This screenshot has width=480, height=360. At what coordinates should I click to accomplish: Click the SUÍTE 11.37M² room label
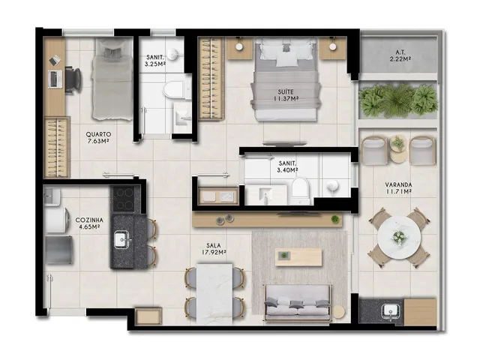click(286, 95)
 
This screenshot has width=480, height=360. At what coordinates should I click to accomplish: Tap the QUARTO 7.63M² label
click(98, 137)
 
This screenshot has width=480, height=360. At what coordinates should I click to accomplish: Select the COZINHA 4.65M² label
click(89, 223)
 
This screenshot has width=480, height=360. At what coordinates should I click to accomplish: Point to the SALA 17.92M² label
click(214, 248)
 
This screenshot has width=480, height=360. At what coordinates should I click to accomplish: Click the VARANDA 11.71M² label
click(398, 188)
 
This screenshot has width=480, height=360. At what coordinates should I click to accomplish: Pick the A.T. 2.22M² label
click(400, 55)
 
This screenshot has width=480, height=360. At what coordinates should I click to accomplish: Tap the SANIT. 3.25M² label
click(155, 60)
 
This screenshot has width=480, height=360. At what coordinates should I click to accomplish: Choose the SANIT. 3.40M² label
click(287, 166)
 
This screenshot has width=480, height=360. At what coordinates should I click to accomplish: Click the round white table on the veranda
click(399, 236)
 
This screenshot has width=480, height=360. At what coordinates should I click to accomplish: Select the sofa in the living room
click(298, 303)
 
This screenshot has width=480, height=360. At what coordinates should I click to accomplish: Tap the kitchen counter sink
click(122, 239)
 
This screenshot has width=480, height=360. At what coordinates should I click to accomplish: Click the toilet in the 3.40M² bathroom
click(300, 189)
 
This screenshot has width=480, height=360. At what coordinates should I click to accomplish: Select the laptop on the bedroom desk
click(55, 79)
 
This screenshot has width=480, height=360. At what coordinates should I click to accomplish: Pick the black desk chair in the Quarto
click(73, 79)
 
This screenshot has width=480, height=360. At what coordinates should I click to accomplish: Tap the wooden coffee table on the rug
click(298, 257)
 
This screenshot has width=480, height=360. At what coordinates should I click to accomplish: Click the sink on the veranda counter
click(391, 312)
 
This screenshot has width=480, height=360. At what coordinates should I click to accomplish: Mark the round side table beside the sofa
click(338, 312)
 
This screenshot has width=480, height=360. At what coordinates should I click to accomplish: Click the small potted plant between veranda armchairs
click(398, 142)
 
